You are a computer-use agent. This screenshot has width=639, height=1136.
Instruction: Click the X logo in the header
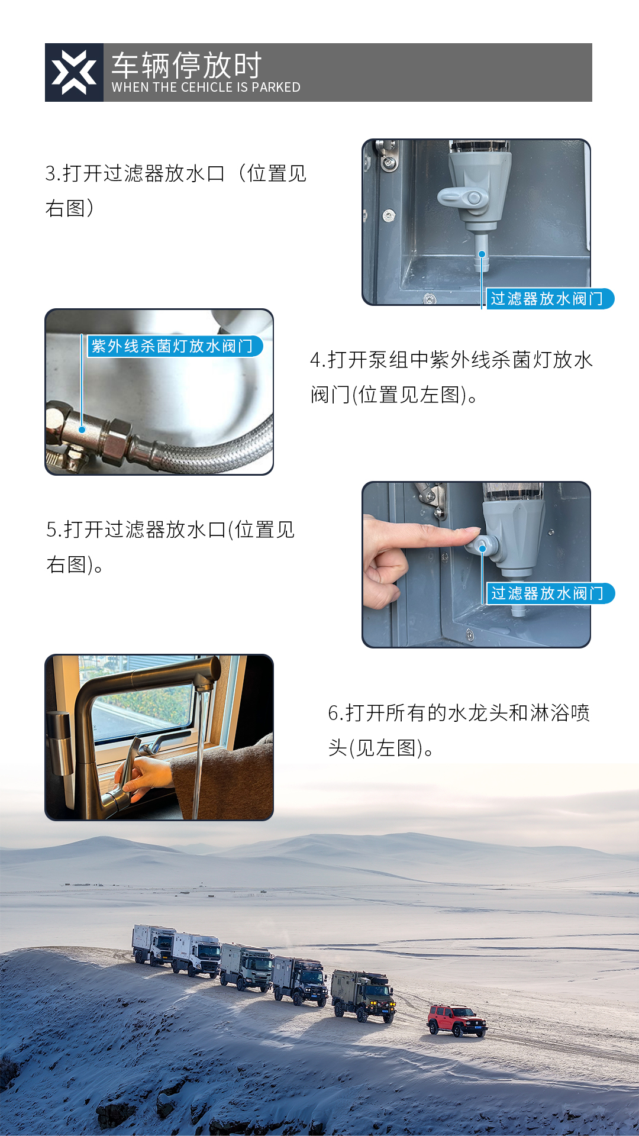[74, 73]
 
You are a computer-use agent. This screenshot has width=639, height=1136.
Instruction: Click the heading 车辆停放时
[186, 65]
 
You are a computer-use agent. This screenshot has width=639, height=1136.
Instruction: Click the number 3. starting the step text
[52, 174]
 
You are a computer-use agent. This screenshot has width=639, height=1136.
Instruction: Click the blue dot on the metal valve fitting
[82, 430]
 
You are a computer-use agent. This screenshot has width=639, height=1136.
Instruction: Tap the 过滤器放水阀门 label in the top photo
[547, 299]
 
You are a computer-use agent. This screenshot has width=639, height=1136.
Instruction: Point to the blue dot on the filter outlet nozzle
[482, 254]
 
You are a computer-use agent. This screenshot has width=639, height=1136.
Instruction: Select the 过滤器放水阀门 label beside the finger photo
[547, 593]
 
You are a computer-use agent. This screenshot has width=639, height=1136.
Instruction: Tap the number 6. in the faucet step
[335, 714]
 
